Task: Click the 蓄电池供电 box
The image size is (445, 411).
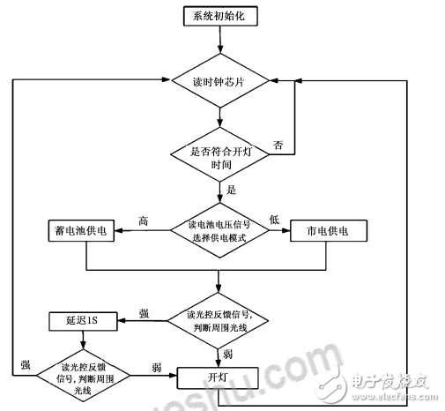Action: pos(85,231)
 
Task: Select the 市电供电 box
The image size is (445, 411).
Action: pos(327,231)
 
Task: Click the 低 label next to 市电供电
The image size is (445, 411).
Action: pos(274,220)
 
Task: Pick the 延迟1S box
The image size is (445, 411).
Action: pos(78,319)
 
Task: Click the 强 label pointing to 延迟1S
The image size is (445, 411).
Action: pos(143,312)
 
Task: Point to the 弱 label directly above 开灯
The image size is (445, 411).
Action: pos(227,354)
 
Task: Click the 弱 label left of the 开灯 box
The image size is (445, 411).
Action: pos(156,366)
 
